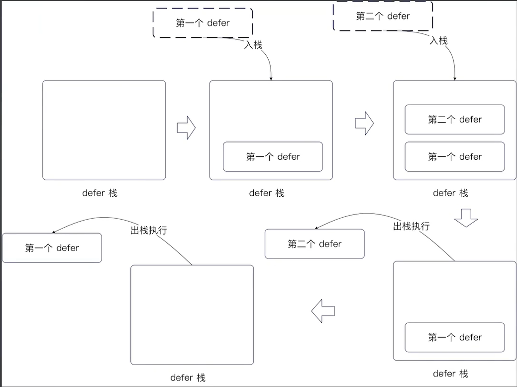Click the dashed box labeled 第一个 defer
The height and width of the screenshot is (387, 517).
pos(203,23)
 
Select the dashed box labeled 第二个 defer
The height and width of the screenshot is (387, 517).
pos(383,16)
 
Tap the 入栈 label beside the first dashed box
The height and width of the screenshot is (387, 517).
pos(253,44)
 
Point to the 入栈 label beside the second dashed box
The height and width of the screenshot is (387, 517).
pos(438,41)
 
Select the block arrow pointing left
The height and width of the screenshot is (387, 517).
pos(323,311)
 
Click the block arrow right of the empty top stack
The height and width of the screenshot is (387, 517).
pos(186,128)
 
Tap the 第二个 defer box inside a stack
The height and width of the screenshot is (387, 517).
pos(455,120)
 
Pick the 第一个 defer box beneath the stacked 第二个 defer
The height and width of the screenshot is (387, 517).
pos(455,157)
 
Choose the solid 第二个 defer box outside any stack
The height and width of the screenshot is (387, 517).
pos(314,244)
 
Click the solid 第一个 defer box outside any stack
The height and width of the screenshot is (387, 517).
pos(52,248)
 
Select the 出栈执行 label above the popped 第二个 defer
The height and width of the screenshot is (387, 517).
pos(411,226)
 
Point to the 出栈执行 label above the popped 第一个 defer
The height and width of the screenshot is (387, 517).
pos(148,230)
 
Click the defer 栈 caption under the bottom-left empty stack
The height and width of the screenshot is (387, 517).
pos(188,378)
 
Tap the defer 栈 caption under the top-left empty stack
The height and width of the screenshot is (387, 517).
pos(100,193)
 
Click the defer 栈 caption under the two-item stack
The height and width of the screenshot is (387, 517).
pos(450,193)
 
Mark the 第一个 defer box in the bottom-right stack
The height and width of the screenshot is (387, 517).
pos(455,338)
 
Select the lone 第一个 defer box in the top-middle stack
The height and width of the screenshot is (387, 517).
pos(273,157)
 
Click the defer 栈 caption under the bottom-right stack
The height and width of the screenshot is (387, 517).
pos(450,374)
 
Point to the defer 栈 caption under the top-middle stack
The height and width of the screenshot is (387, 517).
pos(267,193)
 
